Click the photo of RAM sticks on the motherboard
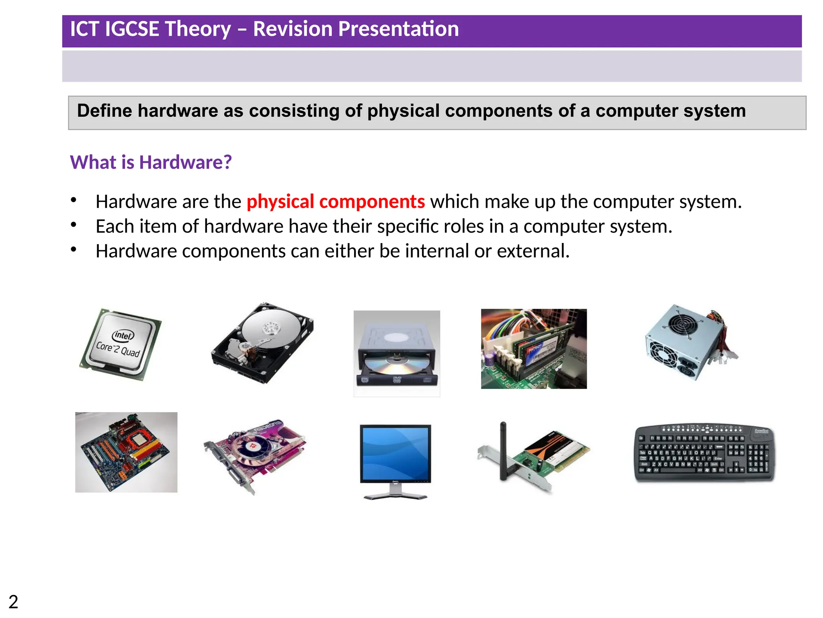[534, 349]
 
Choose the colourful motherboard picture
[126, 452]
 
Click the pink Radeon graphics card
[255, 455]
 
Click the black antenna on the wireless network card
[503, 451]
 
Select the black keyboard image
[704, 453]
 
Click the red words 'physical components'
[336, 202]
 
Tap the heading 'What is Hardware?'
[151, 162]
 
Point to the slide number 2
[13, 602]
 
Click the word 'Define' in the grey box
[104, 111]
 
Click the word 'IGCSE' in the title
[131, 29]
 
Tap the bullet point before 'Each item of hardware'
[74, 225]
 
